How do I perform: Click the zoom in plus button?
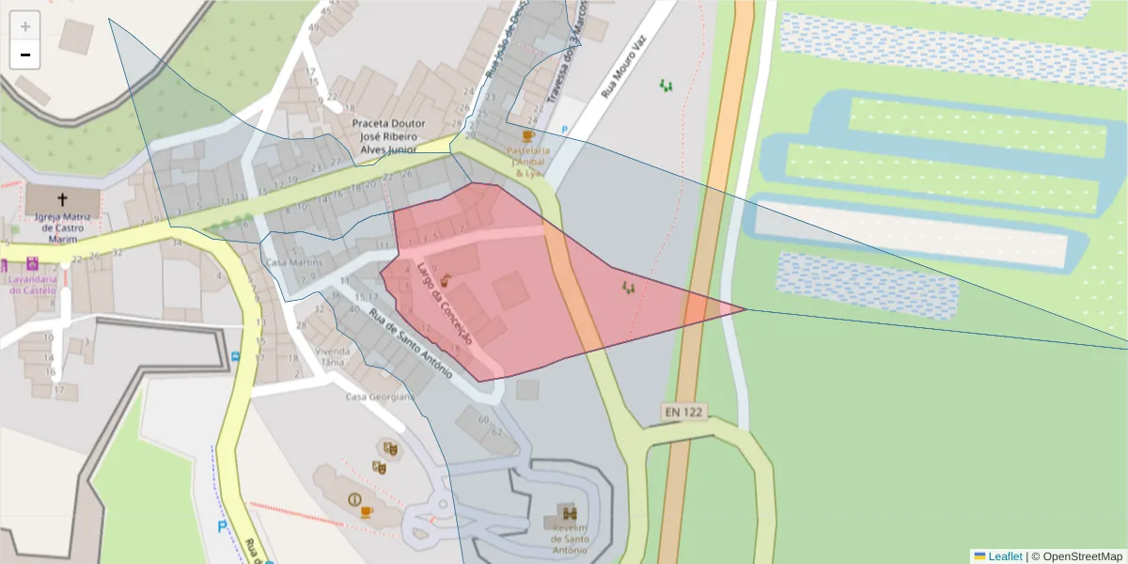click(25, 26)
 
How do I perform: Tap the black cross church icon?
click(63, 199)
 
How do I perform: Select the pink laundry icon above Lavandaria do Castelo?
click(33, 263)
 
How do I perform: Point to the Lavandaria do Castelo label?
click(33, 285)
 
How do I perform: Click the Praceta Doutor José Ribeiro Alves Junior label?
click(388, 136)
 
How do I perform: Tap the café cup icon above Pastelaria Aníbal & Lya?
click(527, 136)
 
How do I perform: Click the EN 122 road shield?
click(683, 412)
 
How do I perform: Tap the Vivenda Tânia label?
click(334, 356)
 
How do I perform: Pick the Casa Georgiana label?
click(380, 397)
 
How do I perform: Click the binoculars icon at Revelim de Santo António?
click(570, 513)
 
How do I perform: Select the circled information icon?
click(354, 499)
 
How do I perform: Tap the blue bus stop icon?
click(235, 357)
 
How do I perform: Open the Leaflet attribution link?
click(1005, 556)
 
